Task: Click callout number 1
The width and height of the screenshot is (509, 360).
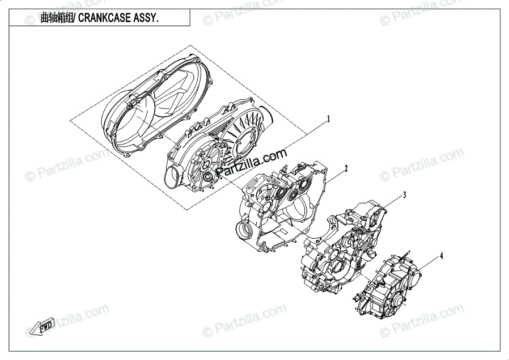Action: [328, 119]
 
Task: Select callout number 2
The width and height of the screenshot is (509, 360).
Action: [345, 168]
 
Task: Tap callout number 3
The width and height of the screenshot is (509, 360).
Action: [404, 194]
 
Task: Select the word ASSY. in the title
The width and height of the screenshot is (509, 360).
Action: [145, 18]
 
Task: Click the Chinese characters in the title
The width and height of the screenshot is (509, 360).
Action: [57, 18]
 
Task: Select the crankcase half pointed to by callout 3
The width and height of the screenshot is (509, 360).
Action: [340, 249]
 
